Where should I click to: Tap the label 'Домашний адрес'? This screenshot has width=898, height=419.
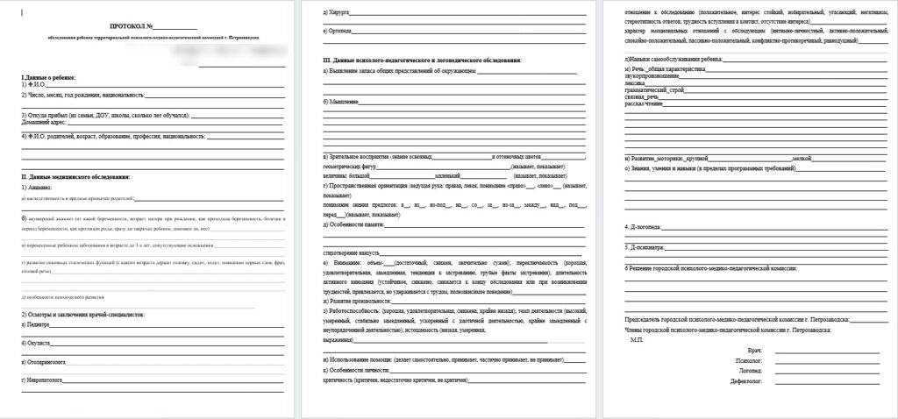click(x=45, y=123)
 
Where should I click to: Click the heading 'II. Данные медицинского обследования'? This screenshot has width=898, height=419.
click(x=75, y=177)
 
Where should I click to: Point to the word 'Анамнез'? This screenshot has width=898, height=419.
click(x=39, y=188)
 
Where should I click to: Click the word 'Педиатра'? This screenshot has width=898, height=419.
click(x=38, y=324)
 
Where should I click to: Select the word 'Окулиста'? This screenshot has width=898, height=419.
click(x=38, y=342)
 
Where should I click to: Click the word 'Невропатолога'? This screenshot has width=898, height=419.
click(x=44, y=380)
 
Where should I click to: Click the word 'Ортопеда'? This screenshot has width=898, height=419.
click(x=339, y=31)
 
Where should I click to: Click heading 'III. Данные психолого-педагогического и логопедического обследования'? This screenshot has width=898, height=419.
click(x=422, y=60)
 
